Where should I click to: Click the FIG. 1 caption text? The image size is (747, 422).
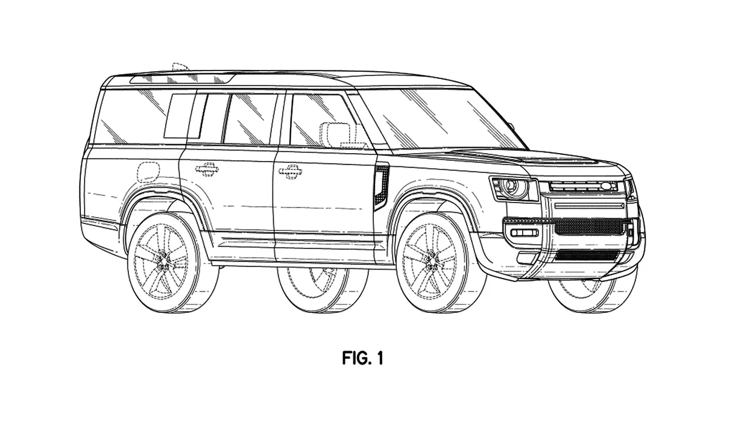click(362, 357)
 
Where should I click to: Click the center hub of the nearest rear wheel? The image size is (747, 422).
click(163, 261)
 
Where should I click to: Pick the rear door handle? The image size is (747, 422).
click(207, 169)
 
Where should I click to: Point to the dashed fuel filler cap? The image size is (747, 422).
click(148, 172)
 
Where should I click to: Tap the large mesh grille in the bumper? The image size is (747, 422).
click(588, 227)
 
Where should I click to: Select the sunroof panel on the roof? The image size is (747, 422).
click(181, 79)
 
